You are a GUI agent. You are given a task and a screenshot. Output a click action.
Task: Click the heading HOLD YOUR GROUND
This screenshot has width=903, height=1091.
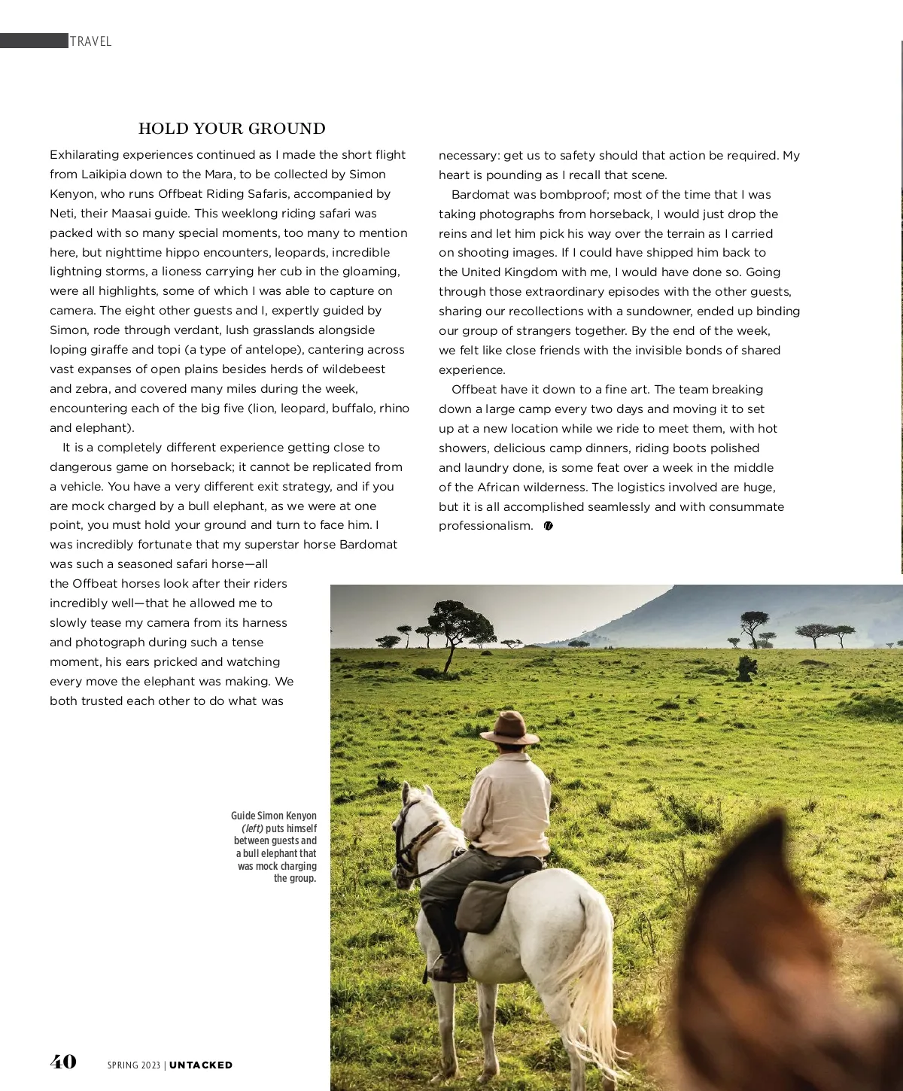[x=232, y=129]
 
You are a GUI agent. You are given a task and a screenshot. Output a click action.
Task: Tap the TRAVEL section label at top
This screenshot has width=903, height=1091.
[x=90, y=41]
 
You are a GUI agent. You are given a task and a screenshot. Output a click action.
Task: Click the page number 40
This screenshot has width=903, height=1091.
[x=63, y=1062]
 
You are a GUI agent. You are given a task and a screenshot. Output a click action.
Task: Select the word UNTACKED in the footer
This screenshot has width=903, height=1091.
[x=201, y=1065]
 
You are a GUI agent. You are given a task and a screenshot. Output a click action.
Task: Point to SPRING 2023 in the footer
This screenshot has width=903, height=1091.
[x=133, y=1065]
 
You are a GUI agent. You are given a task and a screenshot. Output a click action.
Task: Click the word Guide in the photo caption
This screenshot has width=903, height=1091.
[x=243, y=816]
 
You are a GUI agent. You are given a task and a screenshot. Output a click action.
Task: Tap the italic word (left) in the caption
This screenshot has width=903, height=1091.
[x=252, y=828]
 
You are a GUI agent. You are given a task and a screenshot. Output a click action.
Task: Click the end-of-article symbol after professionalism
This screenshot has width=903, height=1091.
[x=548, y=526]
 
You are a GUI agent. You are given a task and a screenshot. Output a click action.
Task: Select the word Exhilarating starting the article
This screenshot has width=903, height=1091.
[x=84, y=155]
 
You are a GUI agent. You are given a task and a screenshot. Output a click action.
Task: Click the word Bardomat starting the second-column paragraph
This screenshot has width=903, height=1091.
[x=481, y=194]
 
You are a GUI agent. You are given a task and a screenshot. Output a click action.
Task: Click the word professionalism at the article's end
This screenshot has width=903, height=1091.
[x=485, y=526]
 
